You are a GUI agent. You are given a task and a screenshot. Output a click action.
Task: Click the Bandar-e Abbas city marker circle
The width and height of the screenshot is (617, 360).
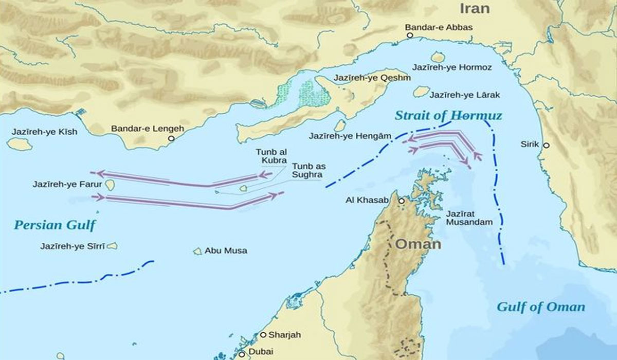pyautogui.click(x=410, y=35)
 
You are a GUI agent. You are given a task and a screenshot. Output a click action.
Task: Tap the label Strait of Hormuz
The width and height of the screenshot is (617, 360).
pyautogui.click(x=448, y=115)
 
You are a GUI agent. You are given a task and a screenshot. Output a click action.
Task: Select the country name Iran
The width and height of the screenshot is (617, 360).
pyautogui.click(x=474, y=9)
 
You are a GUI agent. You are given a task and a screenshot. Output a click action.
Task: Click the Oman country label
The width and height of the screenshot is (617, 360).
pyautogui.click(x=418, y=244)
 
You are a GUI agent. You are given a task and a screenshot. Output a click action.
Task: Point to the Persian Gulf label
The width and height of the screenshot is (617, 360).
pyautogui.click(x=55, y=225)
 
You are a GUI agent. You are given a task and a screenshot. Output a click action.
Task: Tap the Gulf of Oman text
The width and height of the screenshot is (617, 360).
pyautogui.click(x=540, y=307)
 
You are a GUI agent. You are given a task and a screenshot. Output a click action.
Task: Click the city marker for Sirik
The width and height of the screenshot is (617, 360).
pyautogui.click(x=546, y=146)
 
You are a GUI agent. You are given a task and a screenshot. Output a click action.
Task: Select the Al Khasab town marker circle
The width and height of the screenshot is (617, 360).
pyautogui.click(x=402, y=201)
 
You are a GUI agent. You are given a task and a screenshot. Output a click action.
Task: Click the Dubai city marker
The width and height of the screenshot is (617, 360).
pyautogui.click(x=241, y=354)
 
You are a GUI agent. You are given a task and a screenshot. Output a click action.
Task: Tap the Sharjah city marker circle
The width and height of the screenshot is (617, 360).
pyautogui.click(x=263, y=335)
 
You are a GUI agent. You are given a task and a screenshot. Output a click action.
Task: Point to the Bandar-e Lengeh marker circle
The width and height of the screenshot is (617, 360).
pyautogui.click(x=171, y=138)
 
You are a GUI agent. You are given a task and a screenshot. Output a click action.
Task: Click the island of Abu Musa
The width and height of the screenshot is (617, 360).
pyautogui.click(x=197, y=251)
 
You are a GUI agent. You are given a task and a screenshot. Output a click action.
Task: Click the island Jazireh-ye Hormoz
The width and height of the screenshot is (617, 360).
pyautogui.click(x=438, y=57)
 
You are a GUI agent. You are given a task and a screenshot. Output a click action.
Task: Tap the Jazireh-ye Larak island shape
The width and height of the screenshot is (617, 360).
pyautogui.click(x=421, y=92)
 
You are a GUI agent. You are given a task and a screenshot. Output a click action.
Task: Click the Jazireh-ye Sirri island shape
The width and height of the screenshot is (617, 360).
pyautogui.click(x=112, y=246)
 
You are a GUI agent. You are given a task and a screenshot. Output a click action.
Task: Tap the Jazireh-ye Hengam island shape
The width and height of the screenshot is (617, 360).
pyautogui.click(x=340, y=125)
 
